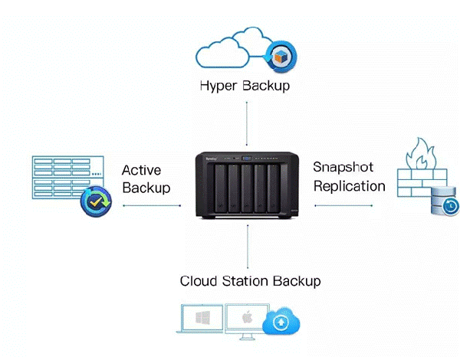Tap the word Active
(x=141, y=170)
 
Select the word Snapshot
(x=343, y=167)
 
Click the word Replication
(x=350, y=186)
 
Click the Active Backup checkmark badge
(x=97, y=201)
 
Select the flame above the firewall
(x=421, y=154)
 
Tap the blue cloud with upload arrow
(x=281, y=321)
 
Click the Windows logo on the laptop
(x=202, y=318)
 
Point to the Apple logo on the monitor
(x=248, y=317)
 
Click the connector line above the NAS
(x=247, y=123)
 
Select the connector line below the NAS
(x=248, y=247)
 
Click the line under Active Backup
(x=152, y=205)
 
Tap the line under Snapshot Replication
(x=343, y=205)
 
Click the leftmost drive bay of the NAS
(x=220, y=188)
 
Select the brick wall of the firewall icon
(x=422, y=182)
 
